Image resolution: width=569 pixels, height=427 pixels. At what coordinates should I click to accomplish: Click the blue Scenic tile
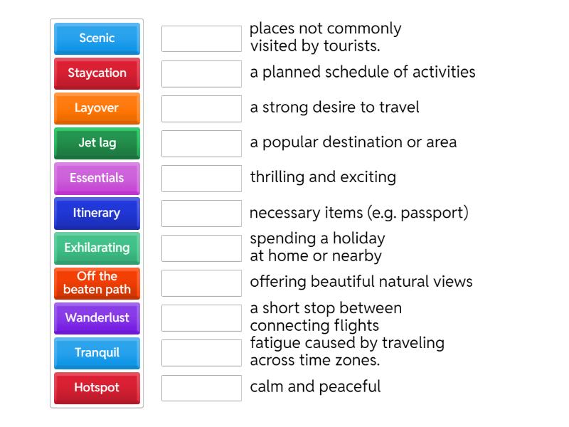[97, 38]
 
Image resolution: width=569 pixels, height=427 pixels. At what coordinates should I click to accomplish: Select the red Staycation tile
[97, 73]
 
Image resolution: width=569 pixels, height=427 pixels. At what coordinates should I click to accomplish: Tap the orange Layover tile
[97, 108]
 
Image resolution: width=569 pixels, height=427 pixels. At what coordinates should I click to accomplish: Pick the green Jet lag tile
[97, 143]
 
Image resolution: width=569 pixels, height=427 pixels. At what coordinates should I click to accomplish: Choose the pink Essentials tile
[97, 178]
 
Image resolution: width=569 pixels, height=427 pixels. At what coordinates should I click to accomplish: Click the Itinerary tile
[97, 213]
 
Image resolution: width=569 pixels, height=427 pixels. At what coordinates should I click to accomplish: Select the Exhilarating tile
[97, 248]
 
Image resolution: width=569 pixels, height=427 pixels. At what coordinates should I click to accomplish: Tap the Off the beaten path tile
[97, 283]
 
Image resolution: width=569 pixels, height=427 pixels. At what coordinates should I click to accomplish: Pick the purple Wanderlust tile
[97, 317]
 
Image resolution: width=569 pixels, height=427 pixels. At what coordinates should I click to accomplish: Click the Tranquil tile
[97, 352]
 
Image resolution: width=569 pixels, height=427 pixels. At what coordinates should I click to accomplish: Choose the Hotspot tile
[97, 388]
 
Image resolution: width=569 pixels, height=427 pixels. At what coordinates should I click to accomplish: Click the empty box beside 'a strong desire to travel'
[201, 108]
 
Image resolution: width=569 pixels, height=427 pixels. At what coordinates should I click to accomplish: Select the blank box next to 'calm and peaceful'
[201, 388]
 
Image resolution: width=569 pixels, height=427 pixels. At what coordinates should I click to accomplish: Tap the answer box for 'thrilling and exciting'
[201, 178]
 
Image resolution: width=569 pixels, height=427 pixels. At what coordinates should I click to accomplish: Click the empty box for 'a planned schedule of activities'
[201, 73]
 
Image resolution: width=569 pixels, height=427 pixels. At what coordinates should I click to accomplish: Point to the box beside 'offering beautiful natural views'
[201, 283]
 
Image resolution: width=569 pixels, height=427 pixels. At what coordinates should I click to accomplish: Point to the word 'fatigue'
[275, 343]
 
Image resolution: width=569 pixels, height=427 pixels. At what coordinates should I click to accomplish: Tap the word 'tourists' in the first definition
[353, 46]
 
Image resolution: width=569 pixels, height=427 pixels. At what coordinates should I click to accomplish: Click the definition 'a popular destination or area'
[353, 142]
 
